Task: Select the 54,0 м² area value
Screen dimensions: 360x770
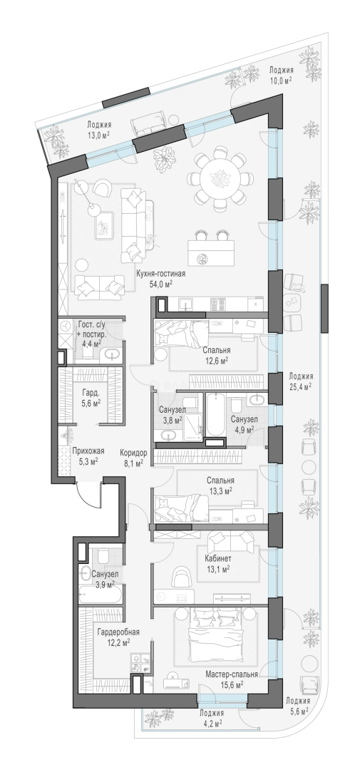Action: [163, 283]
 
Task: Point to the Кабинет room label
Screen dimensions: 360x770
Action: [219, 559]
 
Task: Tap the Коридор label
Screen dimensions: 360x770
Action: [133, 453]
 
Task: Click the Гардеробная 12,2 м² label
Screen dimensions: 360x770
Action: [115, 637]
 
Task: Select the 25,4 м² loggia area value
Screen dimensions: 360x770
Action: [301, 386]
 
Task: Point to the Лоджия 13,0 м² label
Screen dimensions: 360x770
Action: [98, 130]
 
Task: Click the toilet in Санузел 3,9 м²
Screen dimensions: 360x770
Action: [103, 557]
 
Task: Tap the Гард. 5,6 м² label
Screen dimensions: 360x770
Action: [90, 398]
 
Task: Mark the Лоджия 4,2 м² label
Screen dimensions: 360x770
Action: [212, 717]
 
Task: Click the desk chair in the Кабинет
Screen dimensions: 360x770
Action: [180, 577]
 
